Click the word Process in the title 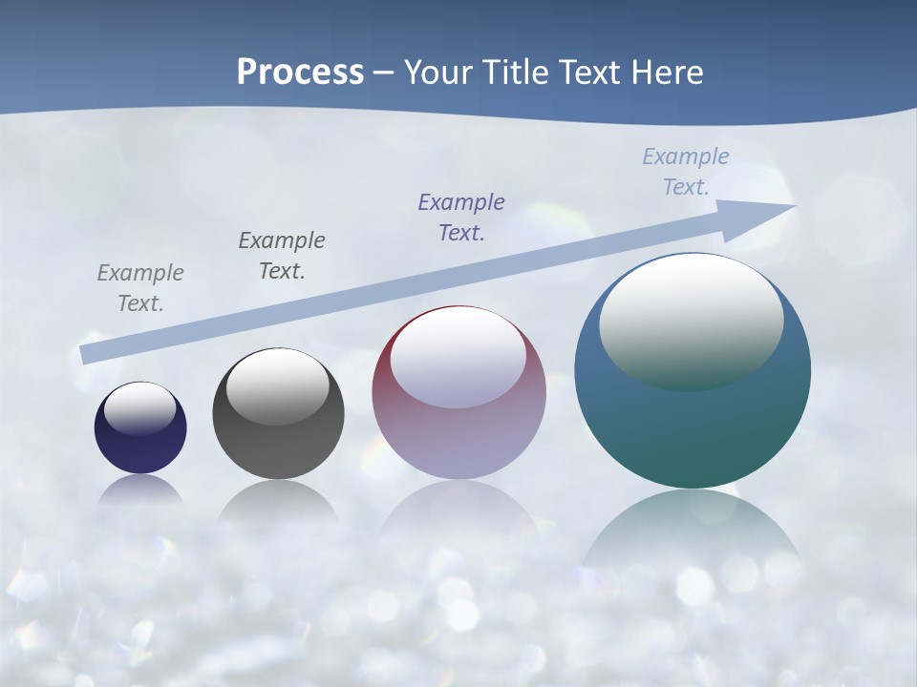(300, 72)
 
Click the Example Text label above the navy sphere (140, 288)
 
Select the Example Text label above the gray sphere (282, 255)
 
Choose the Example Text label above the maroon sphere (461, 217)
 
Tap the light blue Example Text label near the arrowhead (686, 171)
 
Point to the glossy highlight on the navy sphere (140, 408)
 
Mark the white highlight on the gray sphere (278, 386)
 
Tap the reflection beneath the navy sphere (140, 489)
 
